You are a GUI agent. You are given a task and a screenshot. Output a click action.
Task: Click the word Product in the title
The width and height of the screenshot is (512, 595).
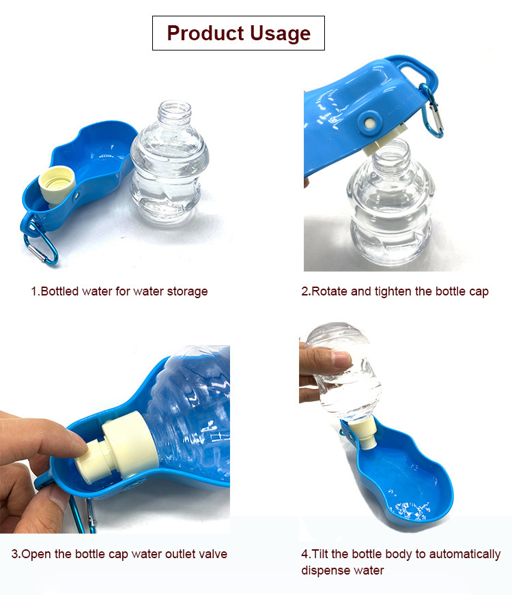point(205,33)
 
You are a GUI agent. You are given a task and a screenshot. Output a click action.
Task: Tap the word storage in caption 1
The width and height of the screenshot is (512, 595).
point(188,291)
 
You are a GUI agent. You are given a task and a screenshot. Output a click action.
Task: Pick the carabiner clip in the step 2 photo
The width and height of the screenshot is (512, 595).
point(433,111)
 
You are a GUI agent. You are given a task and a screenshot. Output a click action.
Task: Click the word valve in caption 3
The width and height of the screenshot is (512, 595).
point(212,553)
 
